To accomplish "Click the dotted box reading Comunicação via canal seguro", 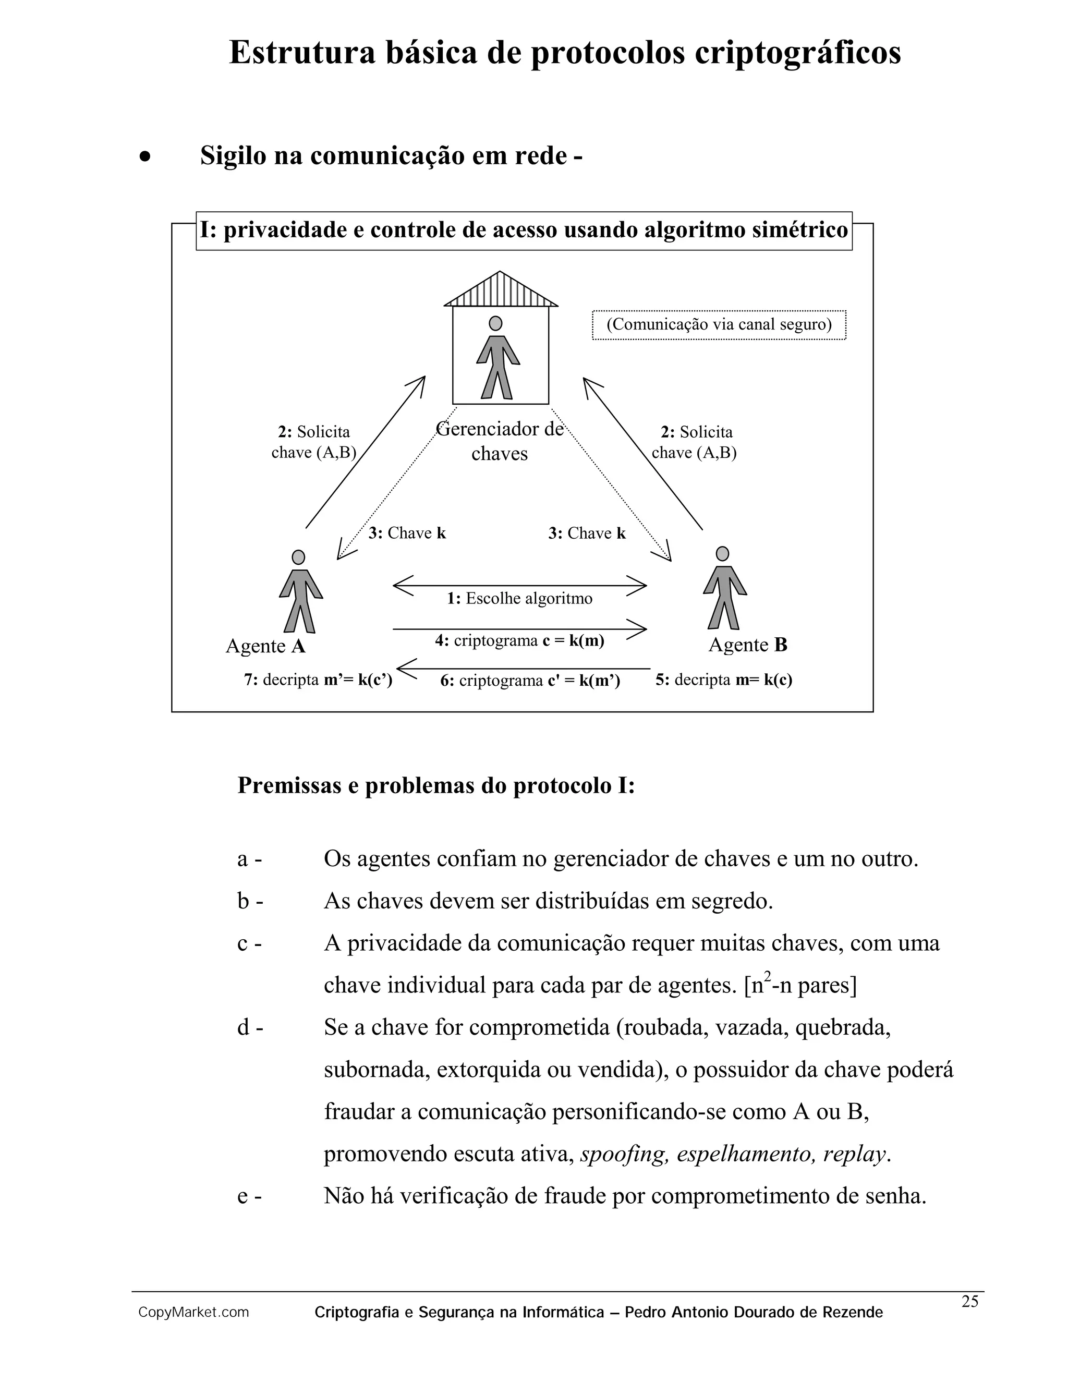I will click(x=719, y=324).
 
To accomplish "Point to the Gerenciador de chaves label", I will click(x=500, y=441).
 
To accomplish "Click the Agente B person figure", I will click(x=724, y=588).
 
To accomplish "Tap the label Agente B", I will click(x=747, y=645).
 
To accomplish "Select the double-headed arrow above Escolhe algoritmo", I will click(x=519, y=585).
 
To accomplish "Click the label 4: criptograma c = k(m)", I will click(x=519, y=640).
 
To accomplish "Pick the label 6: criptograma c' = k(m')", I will click(x=530, y=681).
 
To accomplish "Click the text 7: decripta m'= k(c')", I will click(x=318, y=680).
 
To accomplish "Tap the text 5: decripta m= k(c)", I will click(x=724, y=680).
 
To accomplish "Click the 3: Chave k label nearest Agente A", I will click(x=407, y=533).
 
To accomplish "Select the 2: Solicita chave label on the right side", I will click(x=695, y=442).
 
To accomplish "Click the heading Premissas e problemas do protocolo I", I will click(x=436, y=785).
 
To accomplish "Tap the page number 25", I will click(x=970, y=1302).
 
